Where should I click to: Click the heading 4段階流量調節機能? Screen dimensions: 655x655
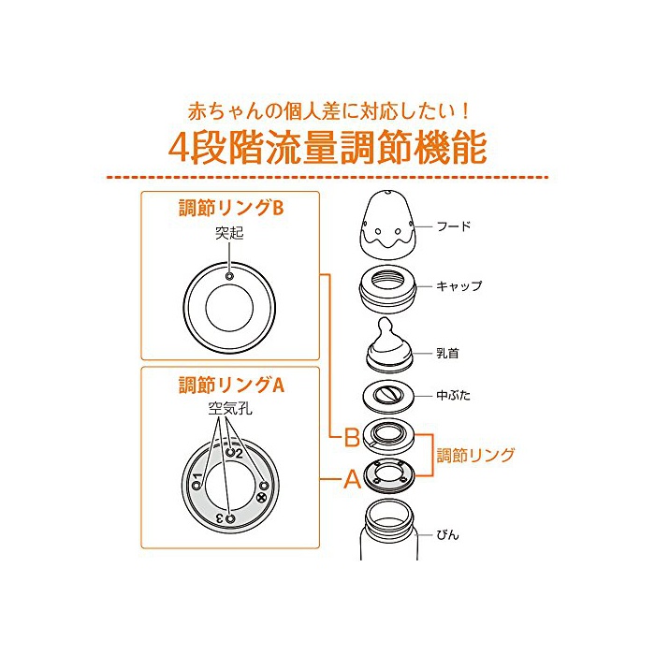[x=327, y=147]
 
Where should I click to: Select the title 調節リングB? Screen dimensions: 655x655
[x=231, y=208]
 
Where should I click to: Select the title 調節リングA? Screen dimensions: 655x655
[x=231, y=385]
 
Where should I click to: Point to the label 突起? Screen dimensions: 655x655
[x=229, y=233]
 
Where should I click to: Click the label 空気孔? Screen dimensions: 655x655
[x=230, y=409]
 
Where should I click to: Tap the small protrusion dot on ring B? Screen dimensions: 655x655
[x=229, y=276]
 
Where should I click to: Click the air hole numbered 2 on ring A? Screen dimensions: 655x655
[x=230, y=452]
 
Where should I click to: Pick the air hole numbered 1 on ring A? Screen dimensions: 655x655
[x=196, y=486]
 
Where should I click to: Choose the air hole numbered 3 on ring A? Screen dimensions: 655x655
[x=230, y=519]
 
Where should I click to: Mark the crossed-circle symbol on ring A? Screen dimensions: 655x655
[x=262, y=497]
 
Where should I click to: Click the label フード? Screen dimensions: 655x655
[x=454, y=226]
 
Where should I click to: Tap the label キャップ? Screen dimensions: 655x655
[x=458, y=286]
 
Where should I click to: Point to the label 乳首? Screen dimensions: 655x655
[x=447, y=354]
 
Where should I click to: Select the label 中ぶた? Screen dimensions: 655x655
[x=453, y=395]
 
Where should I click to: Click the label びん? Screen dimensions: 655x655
[x=447, y=534]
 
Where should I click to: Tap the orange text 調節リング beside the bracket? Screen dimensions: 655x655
[x=475, y=456]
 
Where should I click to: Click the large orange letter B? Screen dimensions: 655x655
[x=352, y=437]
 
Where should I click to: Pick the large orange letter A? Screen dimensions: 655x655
[x=352, y=479]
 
